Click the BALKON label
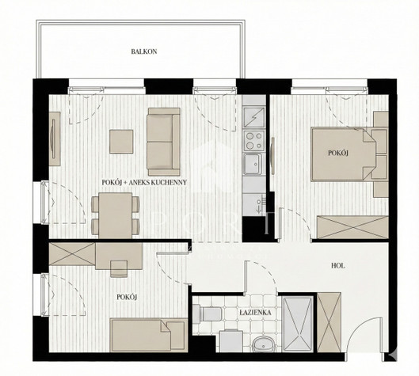[144, 51]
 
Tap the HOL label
[338, 266]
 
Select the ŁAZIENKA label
[255, 313]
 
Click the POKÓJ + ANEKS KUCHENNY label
[144, 182]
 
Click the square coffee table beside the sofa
[121, 142]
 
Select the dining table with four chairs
[115, 215]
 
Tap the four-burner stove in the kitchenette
[254, 141]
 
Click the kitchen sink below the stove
[252, 164]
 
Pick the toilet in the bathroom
[207, 313]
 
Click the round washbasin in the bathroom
[263, 344]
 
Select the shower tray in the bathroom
[298, 324]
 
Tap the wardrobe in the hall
[329, 322]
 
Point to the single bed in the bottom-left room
[148, 335]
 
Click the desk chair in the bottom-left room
[119, 268]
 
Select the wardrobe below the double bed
[352, 226]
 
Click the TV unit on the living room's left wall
[55, 139]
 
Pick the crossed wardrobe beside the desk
[72, 254]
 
